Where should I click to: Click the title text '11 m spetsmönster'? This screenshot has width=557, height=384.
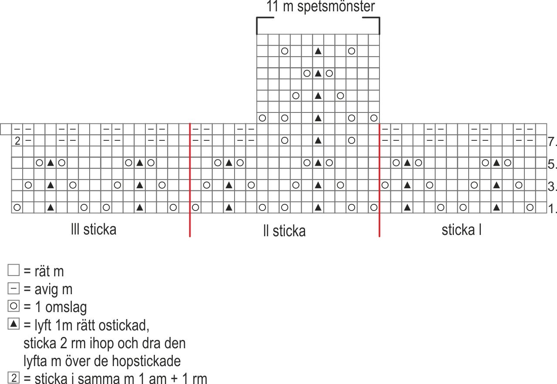tap(320, 7)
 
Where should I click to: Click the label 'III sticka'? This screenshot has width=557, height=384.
tap(94, 229)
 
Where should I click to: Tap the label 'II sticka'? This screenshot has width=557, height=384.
tap(284, 231)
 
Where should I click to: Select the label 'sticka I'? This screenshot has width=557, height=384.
tap(461, 229)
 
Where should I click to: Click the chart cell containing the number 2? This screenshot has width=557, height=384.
tap(17, 141)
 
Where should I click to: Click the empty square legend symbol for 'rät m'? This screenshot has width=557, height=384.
tap(14, 271)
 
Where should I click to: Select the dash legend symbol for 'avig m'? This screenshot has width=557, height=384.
tap(14, 289)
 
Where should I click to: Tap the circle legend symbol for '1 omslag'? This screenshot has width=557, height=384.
tap(14, 306)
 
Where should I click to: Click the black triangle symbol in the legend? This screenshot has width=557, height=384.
tap(14, 324)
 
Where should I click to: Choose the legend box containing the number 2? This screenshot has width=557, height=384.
tap(14, 378)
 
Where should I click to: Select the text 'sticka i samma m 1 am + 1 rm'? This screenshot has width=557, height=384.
tap(115, 378)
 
